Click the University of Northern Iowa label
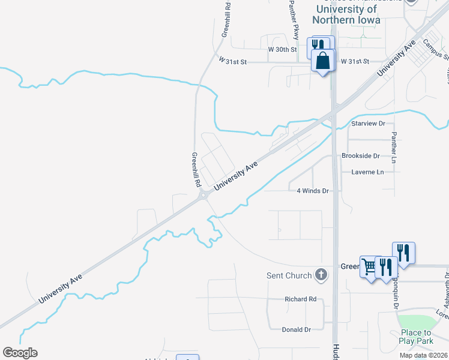[348, 14]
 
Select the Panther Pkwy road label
[293, 19]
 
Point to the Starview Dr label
[368, 123]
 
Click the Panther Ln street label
[394, 148]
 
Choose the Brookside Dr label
[361, 155]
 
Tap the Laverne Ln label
[367, 172]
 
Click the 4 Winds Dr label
[313, 191]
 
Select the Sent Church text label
[289, 275]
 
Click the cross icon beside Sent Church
[321, 275]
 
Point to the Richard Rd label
[300, 299]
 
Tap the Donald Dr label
[296, 329]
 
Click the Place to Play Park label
[415, 336]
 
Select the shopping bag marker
[323, 61]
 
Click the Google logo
[20, 353]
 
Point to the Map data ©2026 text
[424, 355]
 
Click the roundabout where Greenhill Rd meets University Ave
[205, 194]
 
